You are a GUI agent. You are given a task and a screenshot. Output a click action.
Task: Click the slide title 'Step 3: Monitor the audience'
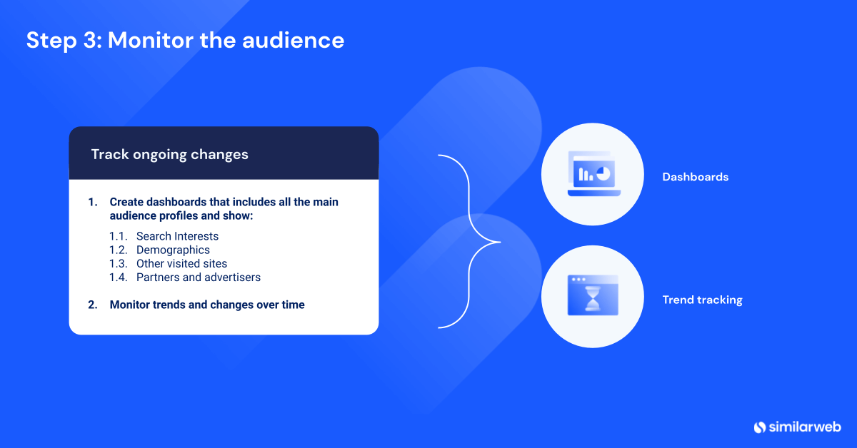pos(185,40)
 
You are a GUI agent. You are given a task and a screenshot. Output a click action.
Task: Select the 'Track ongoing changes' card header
pos(169,154)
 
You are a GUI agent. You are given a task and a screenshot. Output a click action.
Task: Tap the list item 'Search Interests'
pos(177,236)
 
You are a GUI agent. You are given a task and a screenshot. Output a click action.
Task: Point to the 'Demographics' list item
pos(173,250)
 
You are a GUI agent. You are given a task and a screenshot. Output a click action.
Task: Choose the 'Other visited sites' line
pos(181,263)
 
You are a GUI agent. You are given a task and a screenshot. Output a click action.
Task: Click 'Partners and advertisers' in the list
pos(198,277)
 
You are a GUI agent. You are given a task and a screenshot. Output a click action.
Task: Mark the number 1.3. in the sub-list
pos(119,263)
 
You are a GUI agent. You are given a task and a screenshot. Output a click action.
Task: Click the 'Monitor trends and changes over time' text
pos(207,305)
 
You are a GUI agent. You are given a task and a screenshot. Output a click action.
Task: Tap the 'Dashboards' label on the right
pos(695,177)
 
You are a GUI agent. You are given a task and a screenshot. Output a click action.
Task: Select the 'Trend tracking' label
pos(702,300)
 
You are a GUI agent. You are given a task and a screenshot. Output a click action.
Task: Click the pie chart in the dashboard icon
pos(603,173)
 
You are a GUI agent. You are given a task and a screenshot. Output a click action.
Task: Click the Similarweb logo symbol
pos(760,427)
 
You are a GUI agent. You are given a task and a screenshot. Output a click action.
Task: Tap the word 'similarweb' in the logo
pos(805,427)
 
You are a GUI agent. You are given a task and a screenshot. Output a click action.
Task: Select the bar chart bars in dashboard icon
pos(586,174)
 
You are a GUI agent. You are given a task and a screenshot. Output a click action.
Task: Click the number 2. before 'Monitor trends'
pos(93,305)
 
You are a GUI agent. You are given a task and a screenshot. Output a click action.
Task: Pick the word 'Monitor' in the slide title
pos(151,40)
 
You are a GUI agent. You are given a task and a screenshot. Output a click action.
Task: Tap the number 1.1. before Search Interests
pos(119,236)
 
